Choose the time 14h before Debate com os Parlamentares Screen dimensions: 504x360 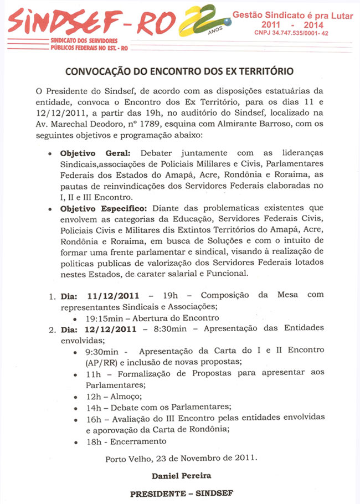pyautogui.click(x=92, y=407)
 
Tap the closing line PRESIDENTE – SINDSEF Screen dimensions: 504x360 pyautogui.click(x=180, y=493)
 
